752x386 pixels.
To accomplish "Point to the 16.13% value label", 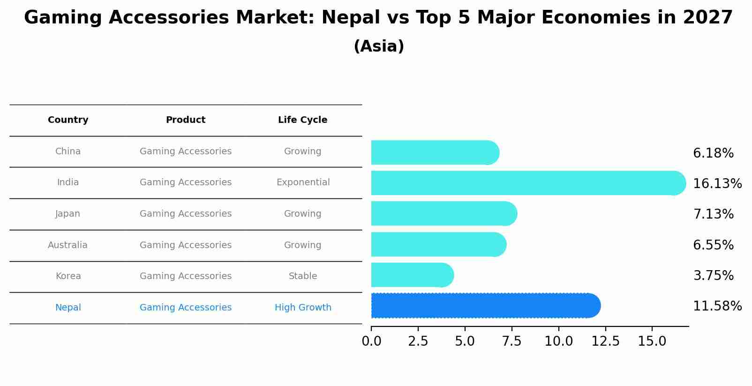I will pyautogui.click(x=717, y=184).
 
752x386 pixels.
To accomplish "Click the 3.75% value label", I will pyautogui.click(x=713, y=276).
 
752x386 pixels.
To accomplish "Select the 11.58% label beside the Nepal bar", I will pyautogui.click(x=717, y=306).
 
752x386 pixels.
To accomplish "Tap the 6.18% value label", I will pyautogui.click(x=713, y=153).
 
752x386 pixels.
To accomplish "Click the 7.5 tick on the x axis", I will pyautogui.click(x=511, y=341).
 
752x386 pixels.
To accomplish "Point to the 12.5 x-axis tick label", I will pyautogui.click(x=605, y=341).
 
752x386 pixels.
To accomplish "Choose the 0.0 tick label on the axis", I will pyautogui.click(x=371, y=341).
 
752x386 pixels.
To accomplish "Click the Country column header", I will pyautogui.click(x=68, y=120).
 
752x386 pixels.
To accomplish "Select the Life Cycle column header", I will pyautogui.click(x=302, y=120).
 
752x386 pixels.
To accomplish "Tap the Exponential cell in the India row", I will pyautogui.click(x=303, y=182).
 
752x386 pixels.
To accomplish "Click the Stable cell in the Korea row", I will pyautogui.click(x=303, y=276).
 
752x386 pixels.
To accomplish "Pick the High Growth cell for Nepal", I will pyautogui.click(x=303, y=308).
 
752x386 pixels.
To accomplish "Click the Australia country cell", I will pyautogui.click(x=68, y=245).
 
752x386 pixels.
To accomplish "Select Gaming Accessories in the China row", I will pyautogui.click(x=186, y=151).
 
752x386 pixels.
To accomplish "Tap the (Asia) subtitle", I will pyautogui.click(x=379, y=46).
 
